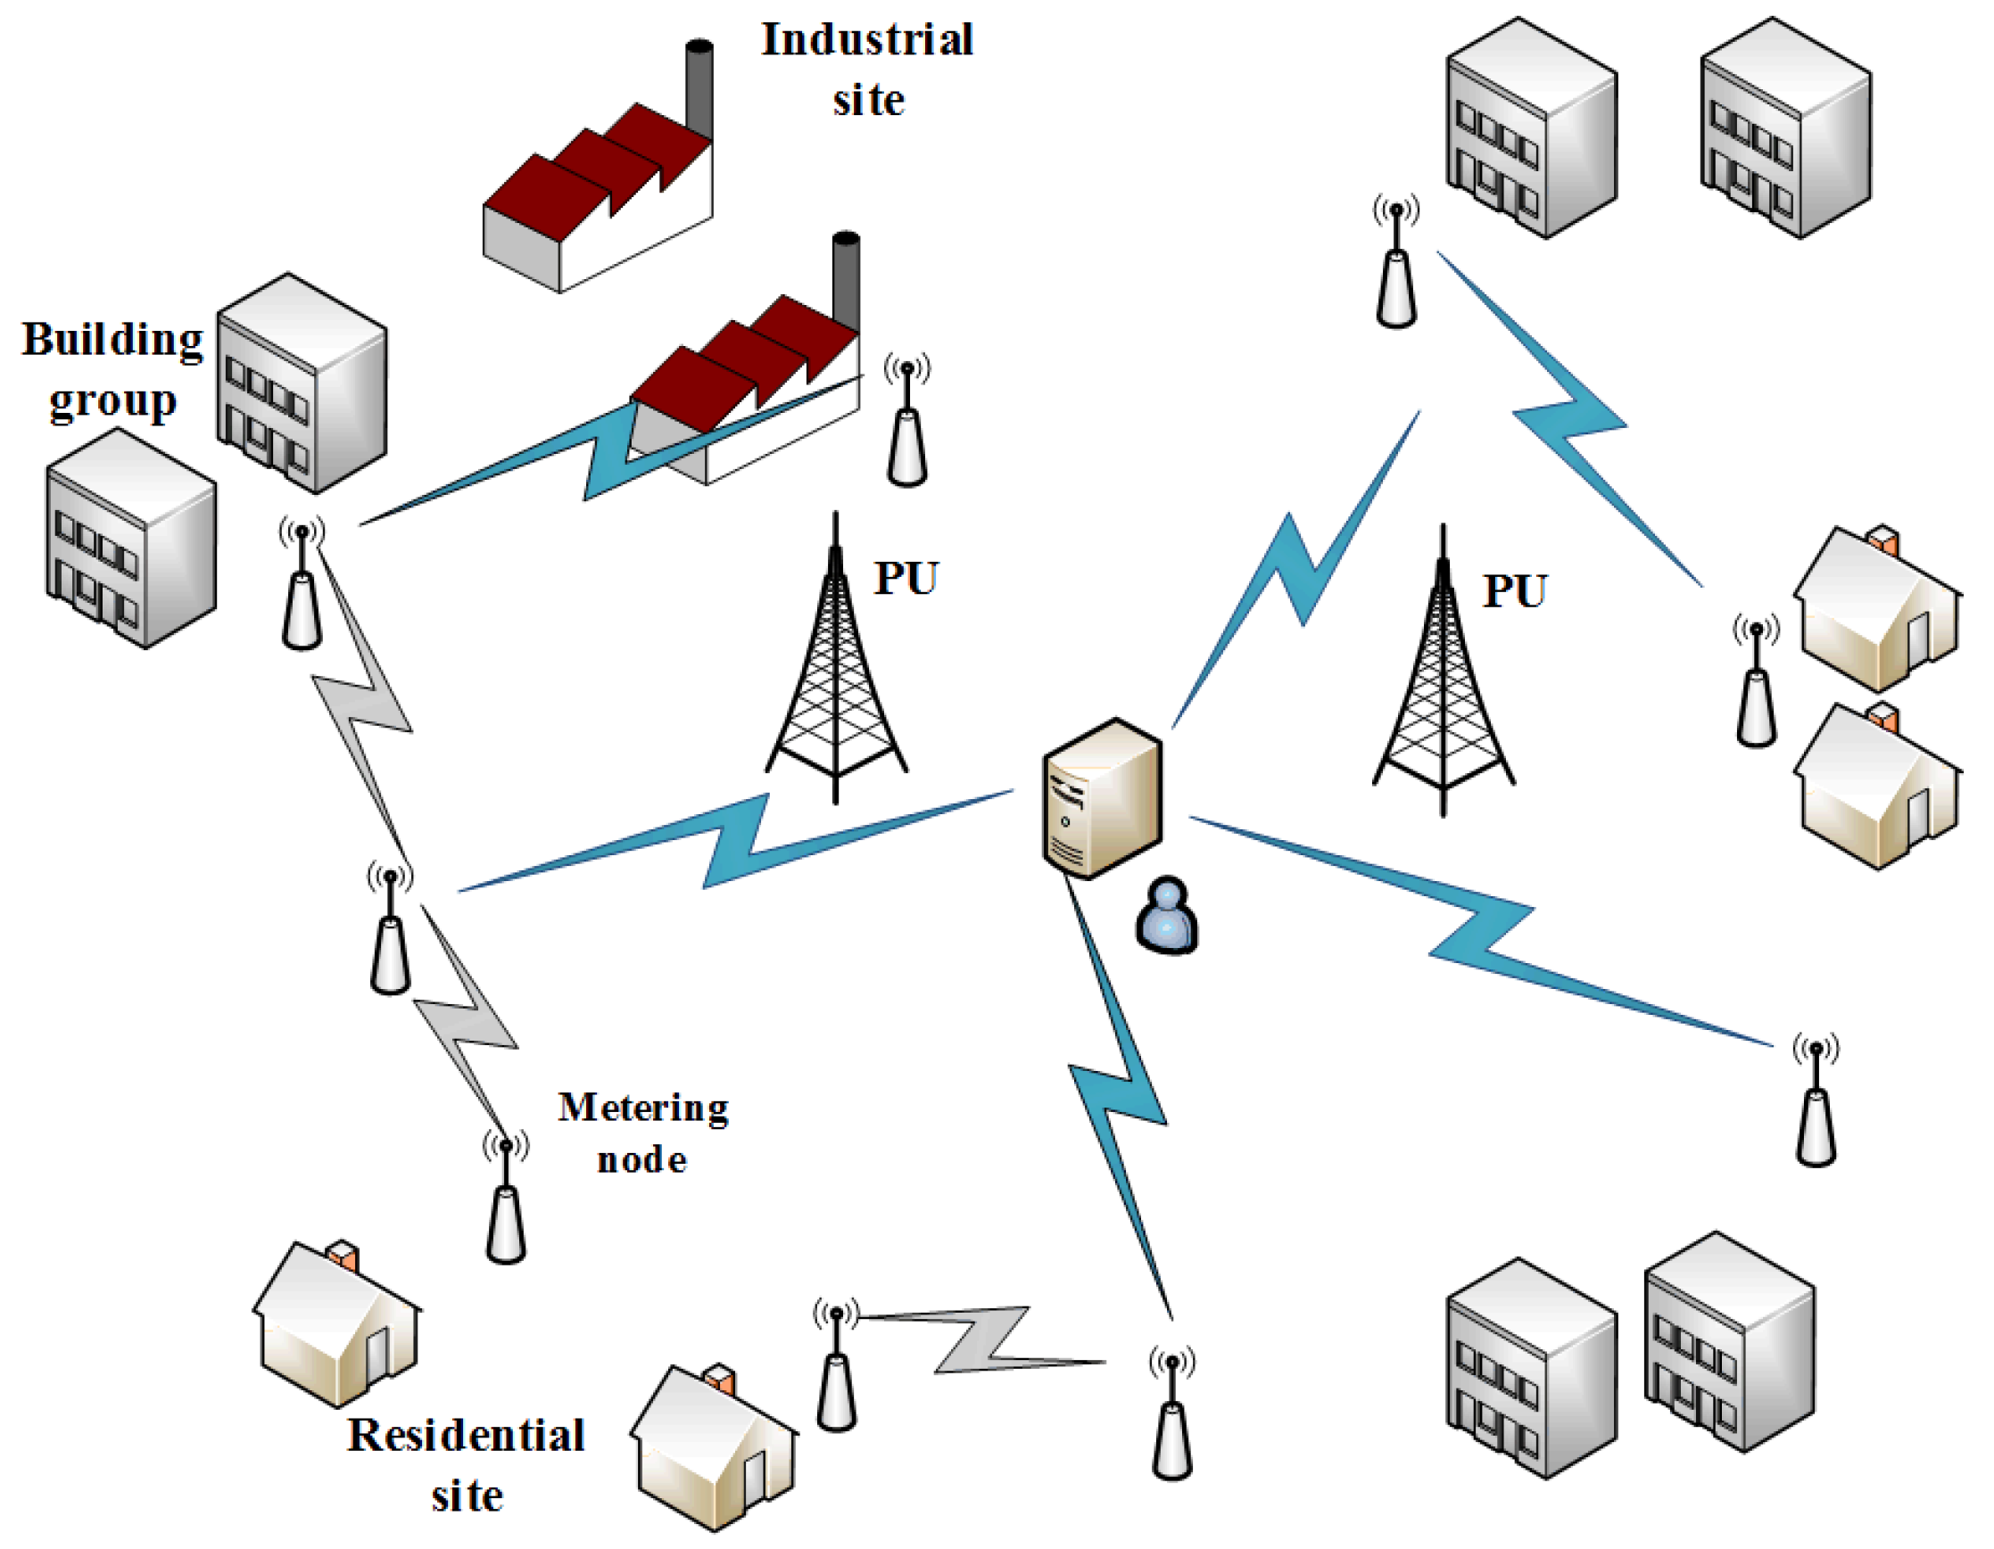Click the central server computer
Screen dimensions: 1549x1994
[x=1103, y=799]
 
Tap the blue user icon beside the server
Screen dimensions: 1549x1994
[x=1167, y=917]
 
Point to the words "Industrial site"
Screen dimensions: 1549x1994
[x=867, y=70]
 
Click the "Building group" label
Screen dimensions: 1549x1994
[x=112, y=370]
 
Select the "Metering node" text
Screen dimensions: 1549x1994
[x=642, y=1133]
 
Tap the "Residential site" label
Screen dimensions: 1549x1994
[x=467, y=1464]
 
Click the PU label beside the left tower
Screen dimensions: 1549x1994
[x=906, y=578]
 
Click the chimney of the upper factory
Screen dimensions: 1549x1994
[x=699, y=87]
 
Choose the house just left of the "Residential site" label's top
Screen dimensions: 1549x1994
[x=337, y=1323]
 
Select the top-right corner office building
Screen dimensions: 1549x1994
[x=1785, y=128]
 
